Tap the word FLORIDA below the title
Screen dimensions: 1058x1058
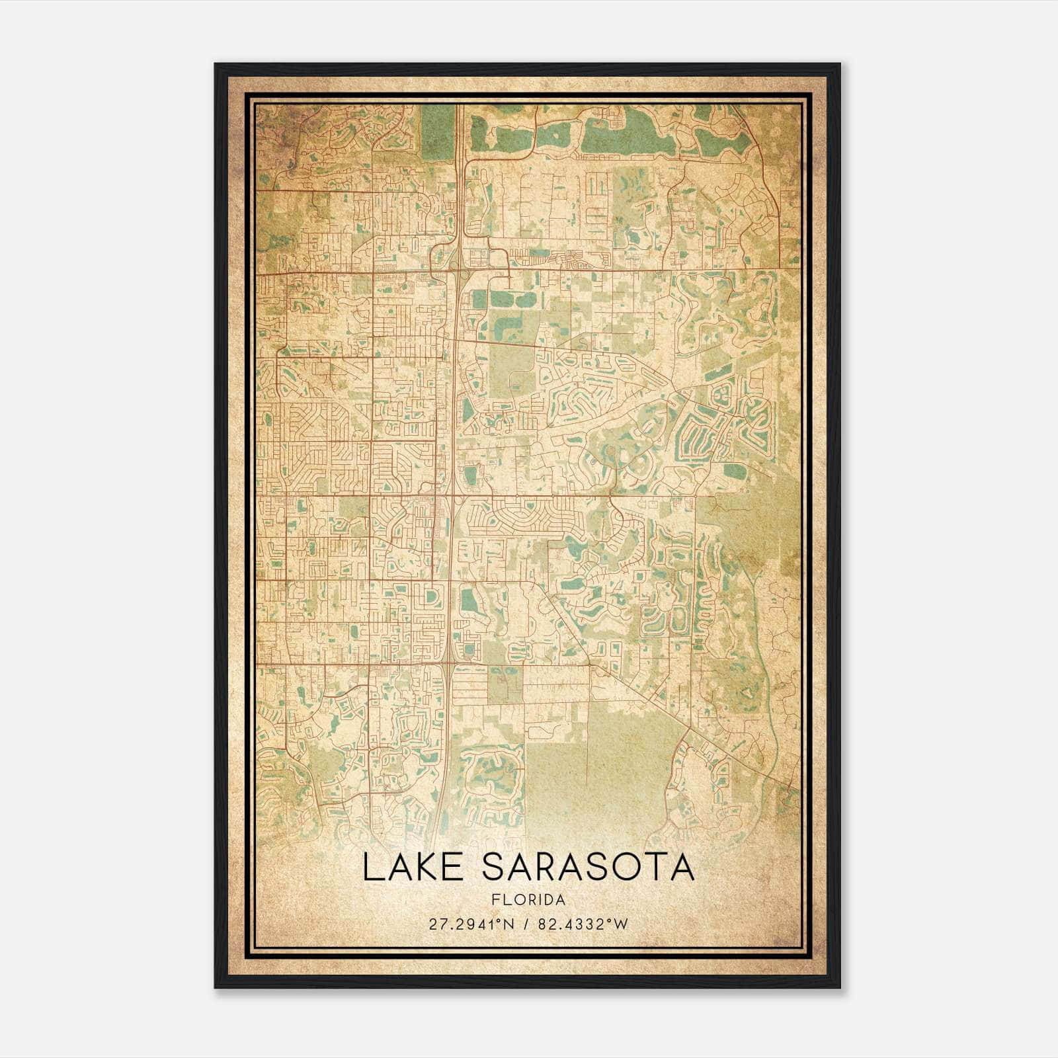coord(528,900)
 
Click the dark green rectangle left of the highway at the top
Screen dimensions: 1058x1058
coord(434,132)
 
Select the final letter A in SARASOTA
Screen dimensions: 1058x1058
coord(682,868)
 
